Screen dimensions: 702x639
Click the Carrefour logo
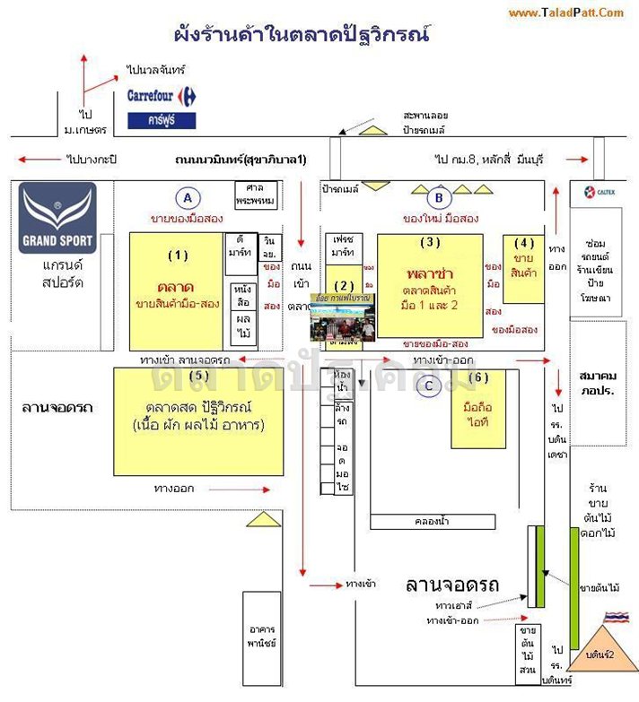[x=162, y=95]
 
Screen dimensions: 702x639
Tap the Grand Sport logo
[x=57, y=218]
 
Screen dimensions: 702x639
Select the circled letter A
[x=187, y=198]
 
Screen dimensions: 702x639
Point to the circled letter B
[x=439, y=198]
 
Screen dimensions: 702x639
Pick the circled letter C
[x=430, y=386]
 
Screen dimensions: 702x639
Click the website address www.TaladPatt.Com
[x=566, y=13]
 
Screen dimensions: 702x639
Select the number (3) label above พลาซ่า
[x=430, y=242]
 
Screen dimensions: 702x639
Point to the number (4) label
[x=524, y=242]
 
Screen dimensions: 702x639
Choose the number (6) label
[x=478, y=377]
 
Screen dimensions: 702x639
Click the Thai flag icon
[x=615, y=618]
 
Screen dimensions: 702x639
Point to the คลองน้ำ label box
[x=432, y=521]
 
